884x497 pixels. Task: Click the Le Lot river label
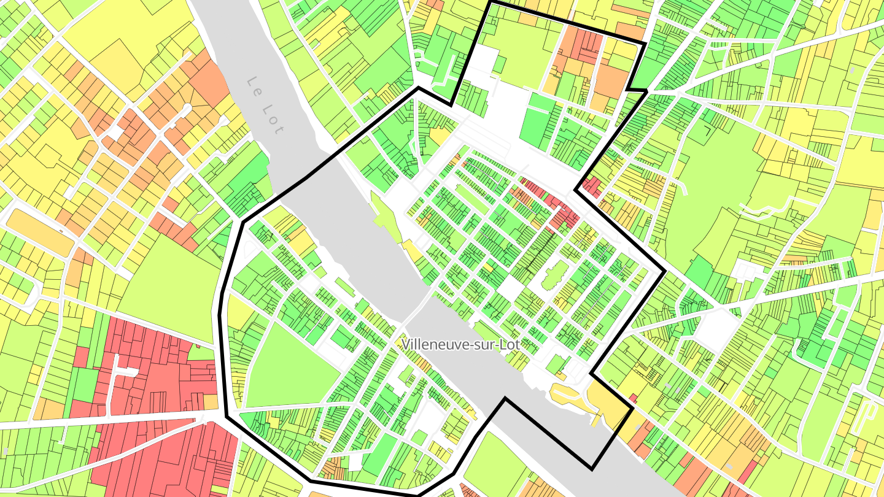pos(265,106)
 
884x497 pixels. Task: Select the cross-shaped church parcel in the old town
pos(551,275)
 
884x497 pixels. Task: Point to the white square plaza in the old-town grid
pos(510,287)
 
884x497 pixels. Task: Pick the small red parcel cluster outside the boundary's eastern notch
pos(592,185)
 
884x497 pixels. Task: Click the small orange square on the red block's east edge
pos(210,401)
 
